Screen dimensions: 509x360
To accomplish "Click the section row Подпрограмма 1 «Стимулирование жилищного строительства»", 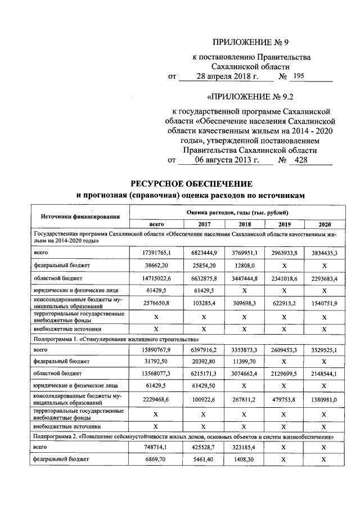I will [116, 340].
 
